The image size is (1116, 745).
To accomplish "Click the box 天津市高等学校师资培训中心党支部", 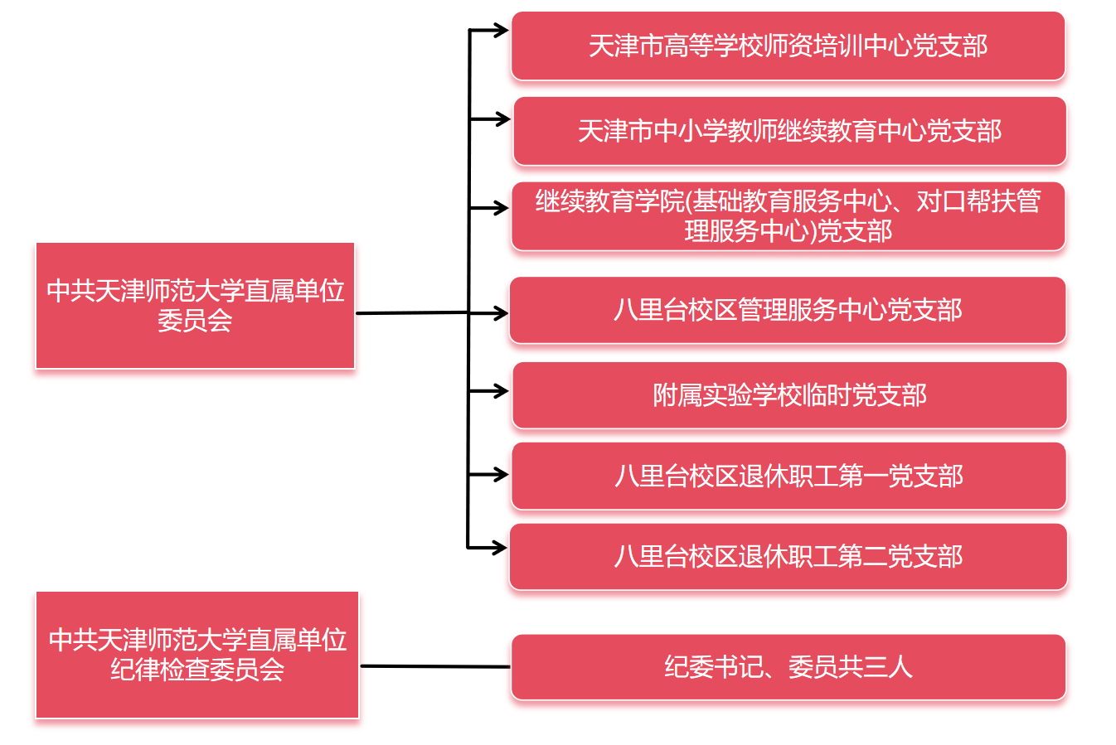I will [x=788, y=46].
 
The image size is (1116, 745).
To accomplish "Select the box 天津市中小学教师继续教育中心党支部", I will [x=789, y=131].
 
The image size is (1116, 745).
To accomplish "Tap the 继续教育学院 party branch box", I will [x=788, y=215].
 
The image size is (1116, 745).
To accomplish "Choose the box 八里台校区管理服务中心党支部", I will [x=788, y=310].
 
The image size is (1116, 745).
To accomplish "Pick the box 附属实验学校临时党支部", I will [x=789, y=395].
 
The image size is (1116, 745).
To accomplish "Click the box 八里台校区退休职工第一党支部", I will [x=788, y=476].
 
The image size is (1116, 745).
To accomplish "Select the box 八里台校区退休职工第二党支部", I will [x=788, y=556].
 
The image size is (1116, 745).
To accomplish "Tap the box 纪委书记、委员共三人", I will [x=788, y=667].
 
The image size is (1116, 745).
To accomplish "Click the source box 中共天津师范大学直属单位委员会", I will [x=195, y=305].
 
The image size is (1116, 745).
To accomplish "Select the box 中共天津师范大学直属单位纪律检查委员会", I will [x=197, y=655].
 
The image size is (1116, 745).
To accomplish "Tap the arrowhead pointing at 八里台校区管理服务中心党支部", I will [x=501, y=313].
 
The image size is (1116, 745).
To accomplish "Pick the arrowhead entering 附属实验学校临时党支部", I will [x=502, y=390].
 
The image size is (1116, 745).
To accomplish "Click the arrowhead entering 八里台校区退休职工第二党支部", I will [x=500, y=547].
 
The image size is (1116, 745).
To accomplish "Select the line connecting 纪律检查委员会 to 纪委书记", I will [x=435, y=666].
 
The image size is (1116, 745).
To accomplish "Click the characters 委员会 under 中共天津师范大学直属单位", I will [x=195, y=321].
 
